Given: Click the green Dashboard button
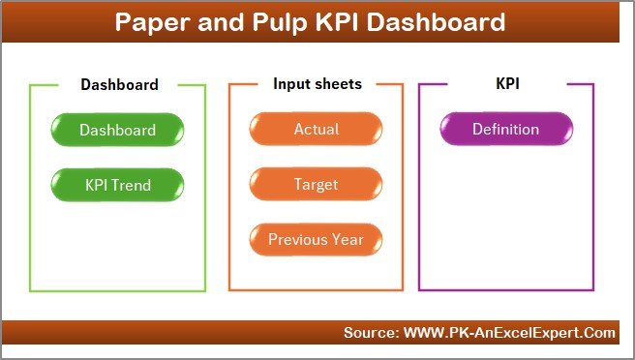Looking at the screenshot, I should [117, 130].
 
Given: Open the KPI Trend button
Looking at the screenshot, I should [117, 184].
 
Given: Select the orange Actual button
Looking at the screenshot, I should [316, 130].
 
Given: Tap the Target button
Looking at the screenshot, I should [316, 184].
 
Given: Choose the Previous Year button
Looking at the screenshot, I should [316, 239].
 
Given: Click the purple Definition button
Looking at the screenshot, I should [505, 130].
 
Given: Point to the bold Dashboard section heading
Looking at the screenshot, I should [119, 84].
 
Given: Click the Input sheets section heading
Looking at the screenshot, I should [317, 84].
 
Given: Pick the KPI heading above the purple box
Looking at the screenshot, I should [507, 84].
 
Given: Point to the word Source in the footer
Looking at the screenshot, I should [368, 333].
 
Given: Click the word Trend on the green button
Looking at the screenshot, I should [134, 184].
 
